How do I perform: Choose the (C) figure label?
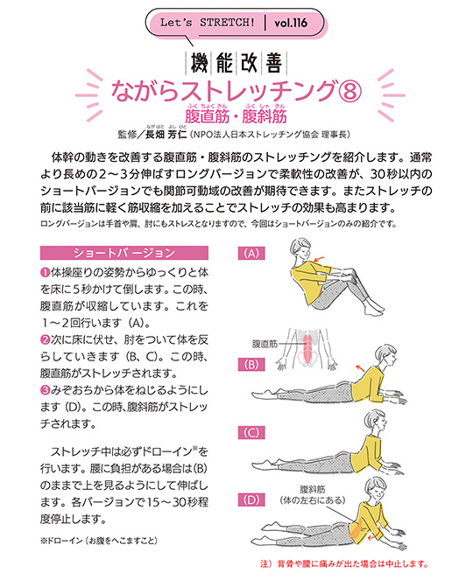[x=253, y=433]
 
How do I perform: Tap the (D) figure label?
[x=253, y=500]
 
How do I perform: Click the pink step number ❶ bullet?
[x=45, y=272]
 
